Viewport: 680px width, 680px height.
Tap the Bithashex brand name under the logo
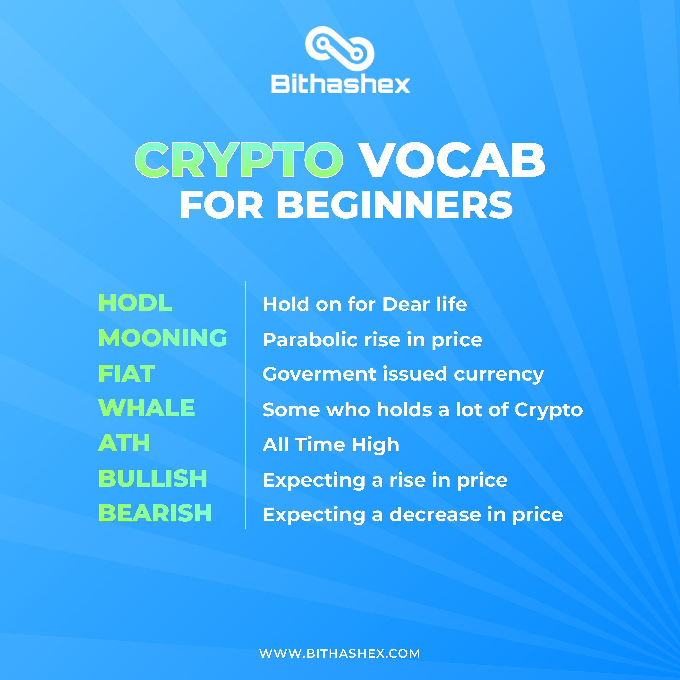pyautogui.click(x=340, y=85)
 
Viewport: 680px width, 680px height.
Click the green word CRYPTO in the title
pyautogui.click(x=239, y=160)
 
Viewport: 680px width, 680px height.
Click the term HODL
pyautogui.click(x=136, y=303)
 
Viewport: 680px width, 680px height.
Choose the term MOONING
pyautogui.click(x=163, y=338)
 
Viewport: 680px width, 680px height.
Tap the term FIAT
pyautogui.click(x=127, y=374)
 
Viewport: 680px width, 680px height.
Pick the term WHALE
pyautogui.click(x=146, y=408)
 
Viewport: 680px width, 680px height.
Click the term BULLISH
pyautogui.click(x=153, y=478)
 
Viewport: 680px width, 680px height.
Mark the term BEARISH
pyautogui.click(x=155, y=513)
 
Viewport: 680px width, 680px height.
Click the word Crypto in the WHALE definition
pyautogui.click(x=548, y=410)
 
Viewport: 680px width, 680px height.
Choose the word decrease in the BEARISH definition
pyautogui.click(x=435, y=515)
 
